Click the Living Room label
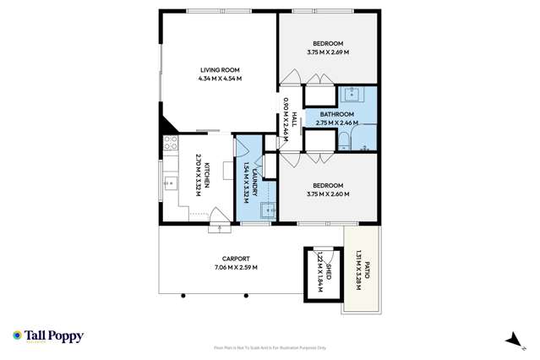tap(221, 69)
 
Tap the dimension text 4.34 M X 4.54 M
tap(221, 79)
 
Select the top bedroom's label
tap(327, 43)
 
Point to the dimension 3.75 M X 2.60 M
tap(327, 194)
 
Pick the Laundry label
tap(252, 180)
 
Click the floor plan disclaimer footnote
tap(270, 346)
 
